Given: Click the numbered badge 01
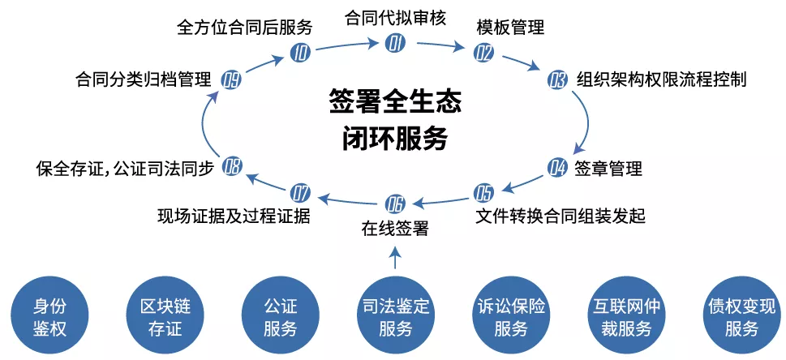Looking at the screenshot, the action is [395, 44].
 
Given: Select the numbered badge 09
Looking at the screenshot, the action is [232, 79].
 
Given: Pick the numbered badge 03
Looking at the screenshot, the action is [556, 80].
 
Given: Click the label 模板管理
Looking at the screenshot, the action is [510, 27].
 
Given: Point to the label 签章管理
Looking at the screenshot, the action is [608, 168].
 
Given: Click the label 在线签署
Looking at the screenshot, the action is [395, 229].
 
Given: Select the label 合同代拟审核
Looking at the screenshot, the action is [395, 18].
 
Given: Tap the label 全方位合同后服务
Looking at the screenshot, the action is [245, 27].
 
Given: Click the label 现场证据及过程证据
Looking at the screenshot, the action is [234, 216].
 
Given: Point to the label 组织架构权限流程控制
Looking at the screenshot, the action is [662, 79].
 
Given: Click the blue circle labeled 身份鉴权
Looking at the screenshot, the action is [49, 316].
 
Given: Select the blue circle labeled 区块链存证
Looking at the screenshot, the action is [165, 316].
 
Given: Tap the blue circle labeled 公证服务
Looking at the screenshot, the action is [280, 316].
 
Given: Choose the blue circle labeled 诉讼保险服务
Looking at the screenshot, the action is [511, 316].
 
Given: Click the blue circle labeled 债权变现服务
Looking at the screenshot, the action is [741, 316].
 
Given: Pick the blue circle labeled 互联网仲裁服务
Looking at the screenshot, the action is [626, 316].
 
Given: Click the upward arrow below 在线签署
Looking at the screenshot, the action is [395, 257].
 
